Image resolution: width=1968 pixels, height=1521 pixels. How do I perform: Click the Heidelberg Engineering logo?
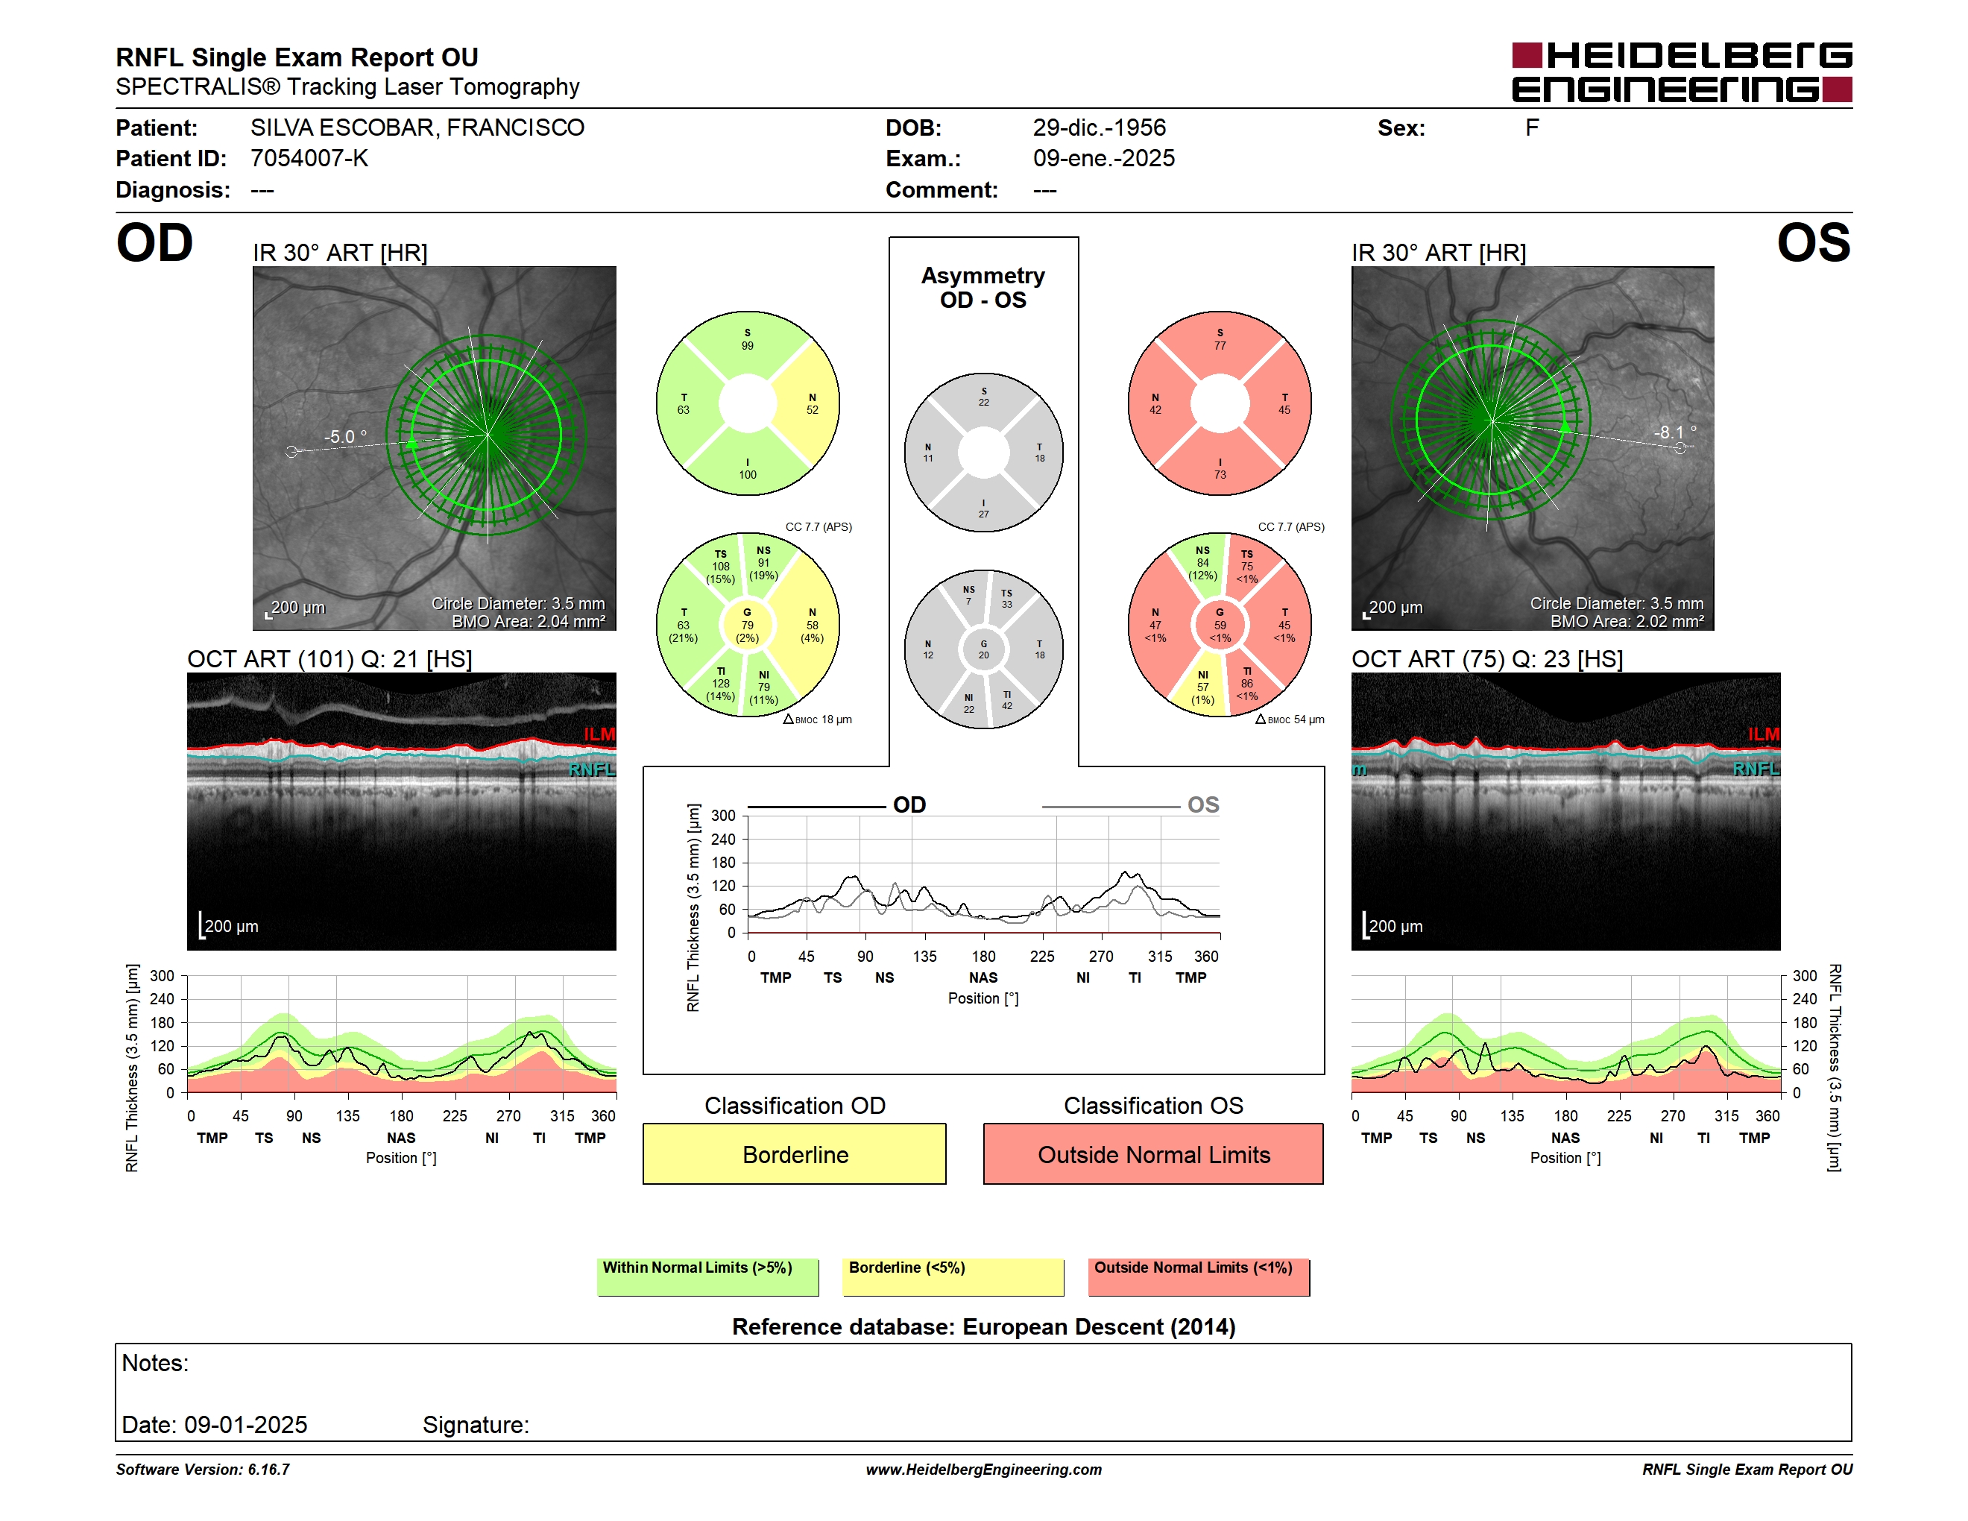click(x=1682, y=72)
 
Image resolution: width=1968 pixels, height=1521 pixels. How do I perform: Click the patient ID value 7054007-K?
click(x=309, y=159)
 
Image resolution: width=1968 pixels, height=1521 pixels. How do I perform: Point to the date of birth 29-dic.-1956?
click(x=1100, y=128)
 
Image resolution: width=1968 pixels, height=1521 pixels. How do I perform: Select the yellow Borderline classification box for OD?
click(x=795, y=1153)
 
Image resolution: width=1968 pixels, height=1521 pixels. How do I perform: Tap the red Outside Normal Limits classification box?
click(x=1153, y=1153)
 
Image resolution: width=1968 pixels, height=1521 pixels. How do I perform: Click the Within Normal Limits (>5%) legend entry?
click(x=707, y=1276)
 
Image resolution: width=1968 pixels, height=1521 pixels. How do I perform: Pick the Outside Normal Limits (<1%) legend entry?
click(x=1199, y=1276)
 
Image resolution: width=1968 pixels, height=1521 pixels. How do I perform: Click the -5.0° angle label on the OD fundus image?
click(x=346, y=437)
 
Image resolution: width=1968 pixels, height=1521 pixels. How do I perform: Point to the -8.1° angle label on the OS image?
click(x=1675, y=432)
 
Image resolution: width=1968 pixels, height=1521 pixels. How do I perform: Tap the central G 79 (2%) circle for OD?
click(x=748, y=625)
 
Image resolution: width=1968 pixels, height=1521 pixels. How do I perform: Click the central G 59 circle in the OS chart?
click(x=1220, y=625)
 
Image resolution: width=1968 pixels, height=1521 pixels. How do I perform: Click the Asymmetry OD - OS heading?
click(x=983, y=288)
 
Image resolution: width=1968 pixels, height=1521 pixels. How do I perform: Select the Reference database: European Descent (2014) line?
click(x=984, y=1327)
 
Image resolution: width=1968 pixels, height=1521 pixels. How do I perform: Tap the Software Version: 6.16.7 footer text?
click(x=203, y=1470)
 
